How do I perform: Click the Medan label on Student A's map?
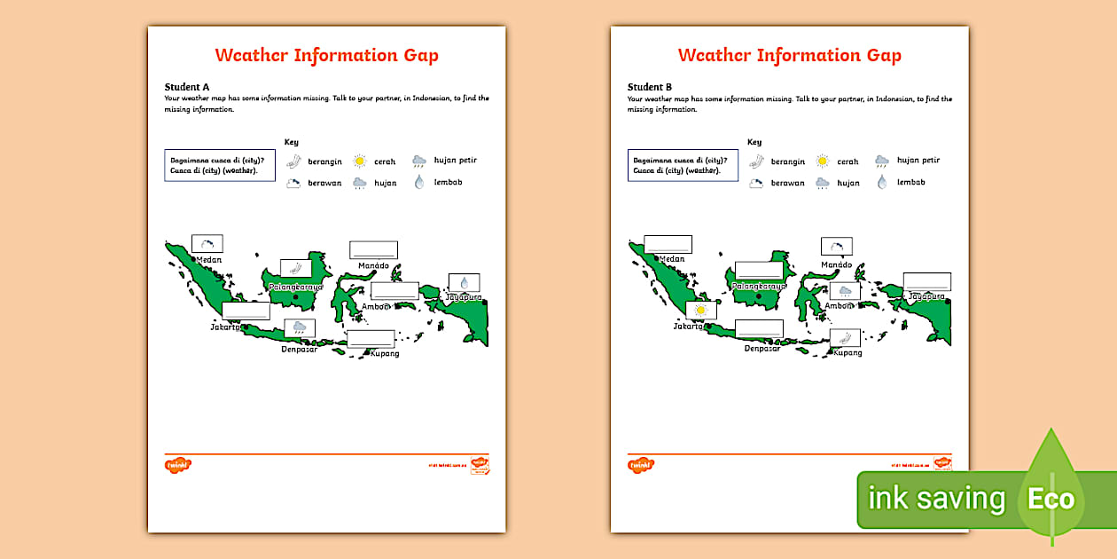tap(209, 260)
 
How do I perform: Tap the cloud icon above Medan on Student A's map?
tap(207, 244)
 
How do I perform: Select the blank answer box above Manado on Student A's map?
tap(373, 249)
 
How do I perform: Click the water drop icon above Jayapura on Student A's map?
tap(464, 283)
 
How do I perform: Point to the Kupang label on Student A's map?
tap(385, 353)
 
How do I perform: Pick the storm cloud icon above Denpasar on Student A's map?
tap(300, 328)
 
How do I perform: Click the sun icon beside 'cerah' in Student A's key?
tap(359, 161)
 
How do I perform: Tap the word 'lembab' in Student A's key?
tap(449, 182)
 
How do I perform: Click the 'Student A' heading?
tap(187, 86)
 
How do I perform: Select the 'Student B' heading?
tap(650, 87)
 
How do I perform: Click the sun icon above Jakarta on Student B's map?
tap(702, 310)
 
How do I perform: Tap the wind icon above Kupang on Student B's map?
tap(845, 338)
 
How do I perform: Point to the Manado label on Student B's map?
tap(836, 264)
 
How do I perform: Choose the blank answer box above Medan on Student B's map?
tap(668, 244)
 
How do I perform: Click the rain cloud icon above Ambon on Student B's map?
tap(845, 291)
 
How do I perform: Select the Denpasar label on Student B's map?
tap(762, 349)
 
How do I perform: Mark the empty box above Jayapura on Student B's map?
tap(927, 282)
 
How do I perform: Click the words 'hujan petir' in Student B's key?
tap(918, 161)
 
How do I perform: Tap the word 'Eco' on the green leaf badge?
tap(1051, 499)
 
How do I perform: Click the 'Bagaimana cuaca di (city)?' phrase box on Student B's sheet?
tap(683, 165)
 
